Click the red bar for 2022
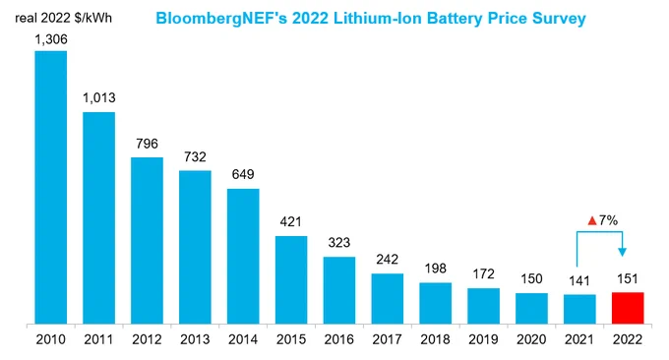(x=628, y=308)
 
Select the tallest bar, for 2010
(x=51, y=188)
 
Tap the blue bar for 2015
(x=291, y=279)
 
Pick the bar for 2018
(x=435, y=303)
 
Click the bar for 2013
(x=195, y=248)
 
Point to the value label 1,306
(x=51, y=39)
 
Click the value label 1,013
(x=99, y=98)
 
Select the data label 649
(x=243, y=174)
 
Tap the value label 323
(x=339, y=242)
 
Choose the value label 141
(x=579, y=280)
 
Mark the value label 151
(x=628, y=279)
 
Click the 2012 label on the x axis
(x=147, y=339)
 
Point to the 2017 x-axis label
(x=387, y=339)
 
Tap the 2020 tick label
(x=531, y=339)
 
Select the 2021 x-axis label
(x=579, y=339)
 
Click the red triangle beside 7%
(x=592, y=221)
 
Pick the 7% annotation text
(x=608, y=220)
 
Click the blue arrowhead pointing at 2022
(x=622, y=252)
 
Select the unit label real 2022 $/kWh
(x=64, y=18)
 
